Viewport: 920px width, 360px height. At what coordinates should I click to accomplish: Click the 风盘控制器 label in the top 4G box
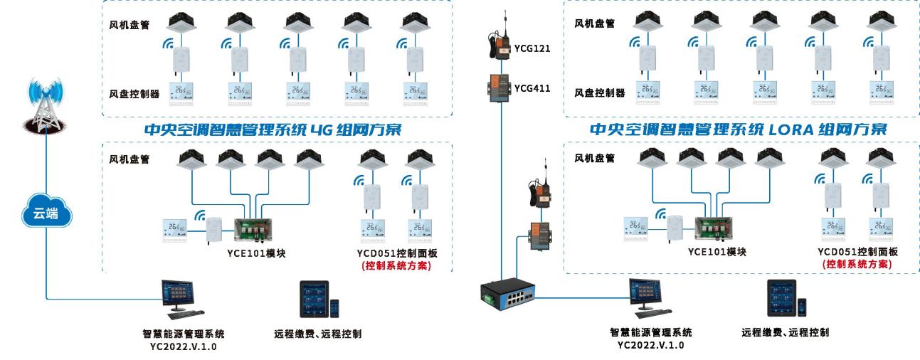pyautogui.click(x=134, y=93)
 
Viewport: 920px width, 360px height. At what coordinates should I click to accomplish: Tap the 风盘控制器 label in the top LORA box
pyautogui.click(x=599, y=93)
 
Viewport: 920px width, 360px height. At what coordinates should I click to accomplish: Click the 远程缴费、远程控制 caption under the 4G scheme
pyautogui.click(x=317, y=332)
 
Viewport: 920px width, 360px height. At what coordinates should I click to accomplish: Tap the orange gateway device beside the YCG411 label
pyautogui.click(x=499, y=87)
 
